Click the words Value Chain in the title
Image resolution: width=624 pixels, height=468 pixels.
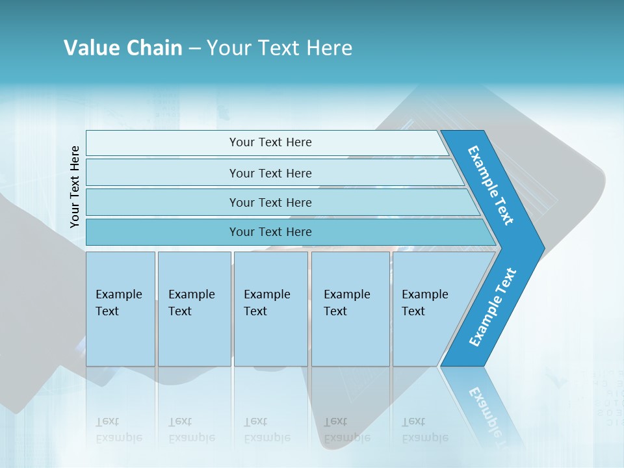[x=123, y=47]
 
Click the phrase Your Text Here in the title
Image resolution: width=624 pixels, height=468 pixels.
[x=279, y=47]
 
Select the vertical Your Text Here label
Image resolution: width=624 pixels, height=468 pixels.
[x=75, y=187]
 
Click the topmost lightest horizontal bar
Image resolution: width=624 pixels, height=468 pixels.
[x=270, y=142]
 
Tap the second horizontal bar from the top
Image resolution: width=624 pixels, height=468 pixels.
[x=270, y=173]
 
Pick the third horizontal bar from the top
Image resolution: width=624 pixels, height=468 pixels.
[x=270, y=202]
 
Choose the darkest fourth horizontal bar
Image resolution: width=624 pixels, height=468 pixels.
[x=270, y=232]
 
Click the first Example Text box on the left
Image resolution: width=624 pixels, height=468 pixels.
[x=120, y=309]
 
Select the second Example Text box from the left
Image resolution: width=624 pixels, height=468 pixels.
[x=194, y=309]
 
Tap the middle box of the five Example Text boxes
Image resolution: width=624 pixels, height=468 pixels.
[x=270, y=309]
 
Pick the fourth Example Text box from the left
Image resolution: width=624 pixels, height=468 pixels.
[x=350, y=309]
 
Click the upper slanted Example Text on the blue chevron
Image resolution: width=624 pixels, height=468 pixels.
[x=491, y=185]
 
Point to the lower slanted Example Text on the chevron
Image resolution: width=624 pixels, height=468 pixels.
[x=492, y=307]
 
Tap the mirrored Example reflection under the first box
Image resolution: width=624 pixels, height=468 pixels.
[x=119, y=437]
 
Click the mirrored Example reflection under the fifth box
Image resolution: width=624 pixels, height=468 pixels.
[x=425, y=437]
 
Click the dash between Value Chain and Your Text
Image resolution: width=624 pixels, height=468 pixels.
[x=194, y=48]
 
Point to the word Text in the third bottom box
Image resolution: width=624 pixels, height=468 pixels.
[x=255, y=311]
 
